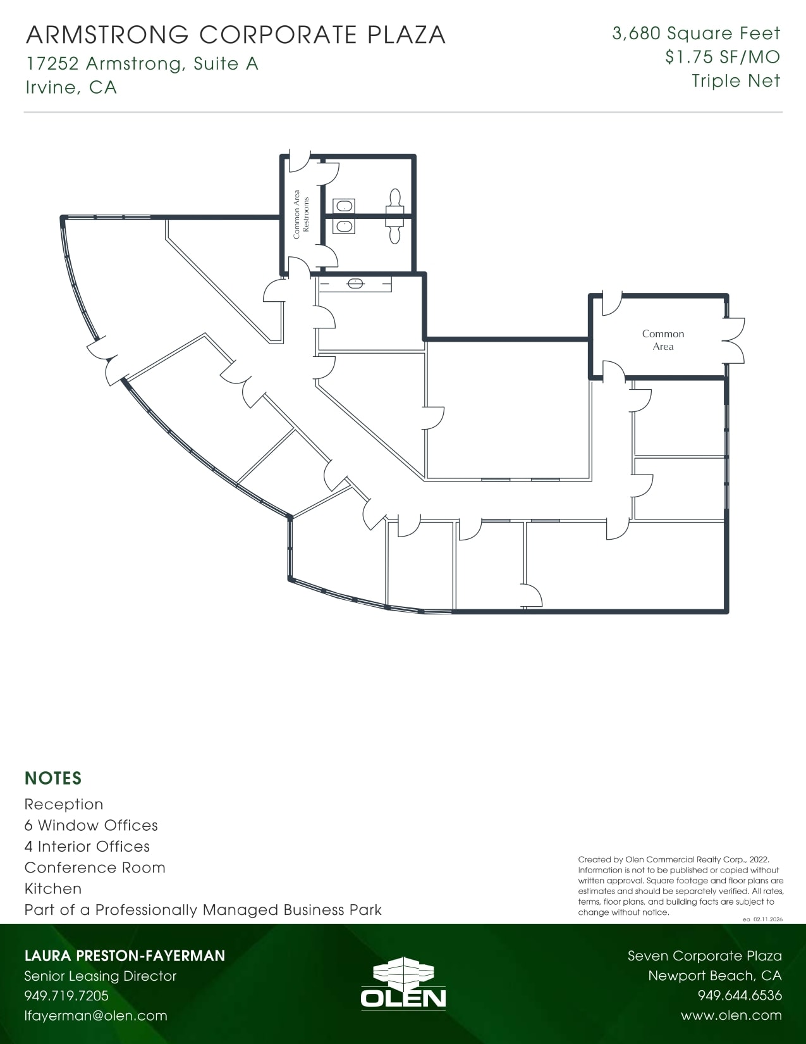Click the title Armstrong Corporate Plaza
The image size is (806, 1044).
click(236, 35)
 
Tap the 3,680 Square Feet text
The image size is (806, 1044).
click(696, 34)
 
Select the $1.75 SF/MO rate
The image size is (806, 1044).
click(722, 58)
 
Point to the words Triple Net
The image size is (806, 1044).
click(736, 81)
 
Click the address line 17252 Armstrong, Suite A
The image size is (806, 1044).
click(142, 64)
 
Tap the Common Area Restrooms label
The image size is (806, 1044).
click(301, 214)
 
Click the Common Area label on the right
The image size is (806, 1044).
click(663, 340)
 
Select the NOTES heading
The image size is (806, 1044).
click(53, 778)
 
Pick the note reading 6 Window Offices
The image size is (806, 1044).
click(91, 825)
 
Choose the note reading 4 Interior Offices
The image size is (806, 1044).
click(87, 847)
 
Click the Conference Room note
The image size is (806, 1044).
click(95, 867)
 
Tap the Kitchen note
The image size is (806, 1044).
click(53, 889)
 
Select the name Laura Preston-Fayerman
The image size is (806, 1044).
click(125, 955)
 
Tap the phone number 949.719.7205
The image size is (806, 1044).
click(66, 996)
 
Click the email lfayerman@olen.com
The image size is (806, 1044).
click(95, 1016)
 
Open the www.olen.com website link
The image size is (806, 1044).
click(731, 1016)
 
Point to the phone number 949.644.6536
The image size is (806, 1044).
click(740, 996)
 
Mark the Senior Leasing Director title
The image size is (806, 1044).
click(101, 976)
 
